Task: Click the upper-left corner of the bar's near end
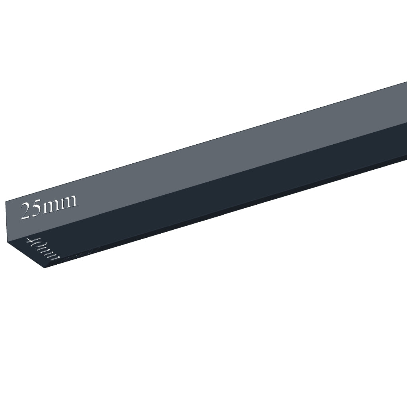click(x=6, y=202)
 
